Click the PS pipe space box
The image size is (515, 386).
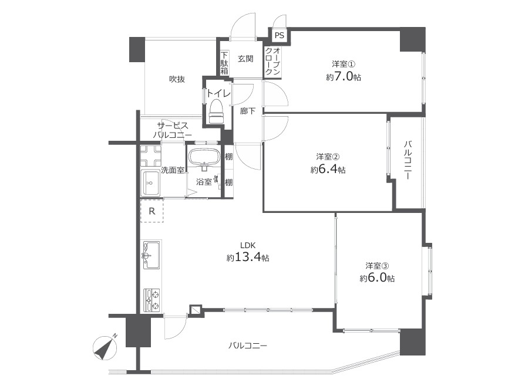pyautogui.click(x=279, y=35)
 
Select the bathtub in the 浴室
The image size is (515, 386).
pyautogui.click(x=205, y=157)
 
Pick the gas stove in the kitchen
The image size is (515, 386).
pyautogui.click(x=152, y=300)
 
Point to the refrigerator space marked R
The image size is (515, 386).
pyautogui.click(x=152, y=211)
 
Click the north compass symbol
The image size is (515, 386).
pyautogui.click(x=106, y=347)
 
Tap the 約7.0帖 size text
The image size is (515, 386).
pyautogui.click(x=344, y=77)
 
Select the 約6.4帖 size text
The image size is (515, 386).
pyautogui.click(x=328, y=170)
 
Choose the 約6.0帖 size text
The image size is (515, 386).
pyautogui.click(x=377, y=277)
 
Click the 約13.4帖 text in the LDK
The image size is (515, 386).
pyautogui.click(x=248, y=258)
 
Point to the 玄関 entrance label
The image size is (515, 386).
pyautogui.click(x=245, y=59)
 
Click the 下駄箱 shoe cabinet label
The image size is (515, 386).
pyautogui.click(x=224, y=63)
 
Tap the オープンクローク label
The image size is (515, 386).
pyautogui.click(x=273, y=62)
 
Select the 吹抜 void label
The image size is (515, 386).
pyautogui.click(x=177, y=79)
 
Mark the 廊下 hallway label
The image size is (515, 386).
pyautogui.click(x=248, y=111)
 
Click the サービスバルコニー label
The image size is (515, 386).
pyautogui.click(x=173, y=130)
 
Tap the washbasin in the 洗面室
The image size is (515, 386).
pyautogui.click(x=150, y=182)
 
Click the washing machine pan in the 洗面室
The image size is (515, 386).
pyautogui.click(x=151, y=155)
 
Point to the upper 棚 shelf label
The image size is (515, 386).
pyautogui.click(x=228, y=156)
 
